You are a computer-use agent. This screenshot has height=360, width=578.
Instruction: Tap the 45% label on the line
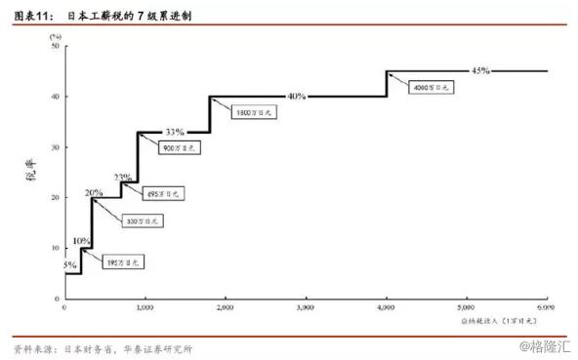480,70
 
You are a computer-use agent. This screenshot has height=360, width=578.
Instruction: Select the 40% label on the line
297,96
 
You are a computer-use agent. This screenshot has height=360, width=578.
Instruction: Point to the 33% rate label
174,132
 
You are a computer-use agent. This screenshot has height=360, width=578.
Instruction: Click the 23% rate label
123,178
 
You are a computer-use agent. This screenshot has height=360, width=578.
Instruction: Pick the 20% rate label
94,192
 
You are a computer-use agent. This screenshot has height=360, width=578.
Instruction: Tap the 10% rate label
82,241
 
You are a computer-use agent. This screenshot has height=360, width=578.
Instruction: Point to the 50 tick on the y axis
54,46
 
